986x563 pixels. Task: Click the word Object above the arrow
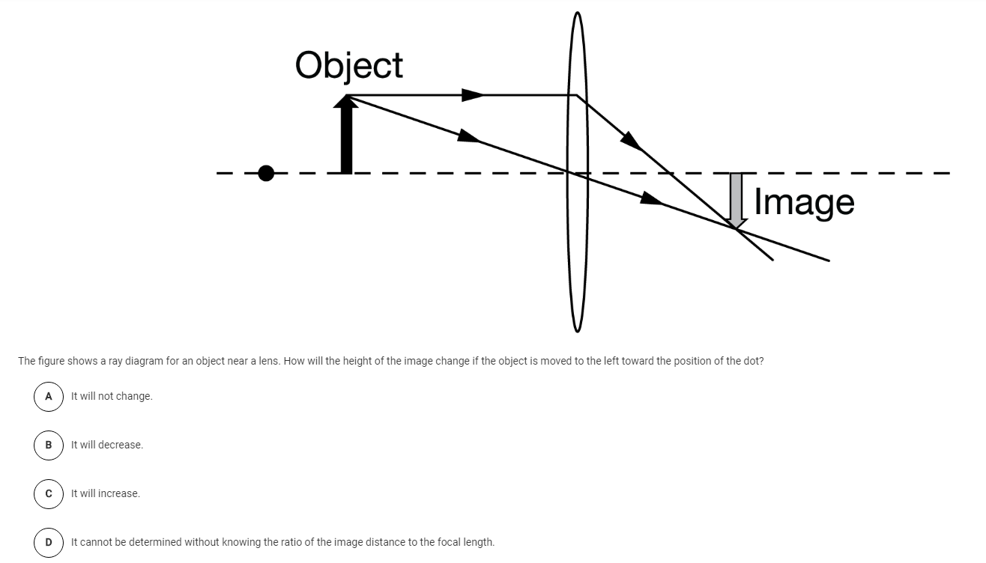pyautogui.click(x=348, y=65)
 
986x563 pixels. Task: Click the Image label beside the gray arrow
pyautogui.click(x=804, y=201)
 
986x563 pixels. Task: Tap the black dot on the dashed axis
pyautogui.click(x=266, y=174)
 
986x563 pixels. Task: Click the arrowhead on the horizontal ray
pyautogui.click(x=472, y=95)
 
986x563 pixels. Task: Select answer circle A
pyautogui.click(x=49, y=396)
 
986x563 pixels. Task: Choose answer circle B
pyautogui.click(x=49, y=445)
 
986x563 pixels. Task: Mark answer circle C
pyautogui.click(x=49, y=493)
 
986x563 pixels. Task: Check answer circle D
pyautogui.click(x=49, y=542)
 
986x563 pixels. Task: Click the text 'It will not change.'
pyautogui.click(x=112, y=396)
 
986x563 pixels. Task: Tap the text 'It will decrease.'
pyautogui.click(x=106, y=445)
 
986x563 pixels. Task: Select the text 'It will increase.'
pyautogui.click(x=106, y=493)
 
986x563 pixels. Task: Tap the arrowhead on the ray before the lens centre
pyautogui.click(x=468, y=137)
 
